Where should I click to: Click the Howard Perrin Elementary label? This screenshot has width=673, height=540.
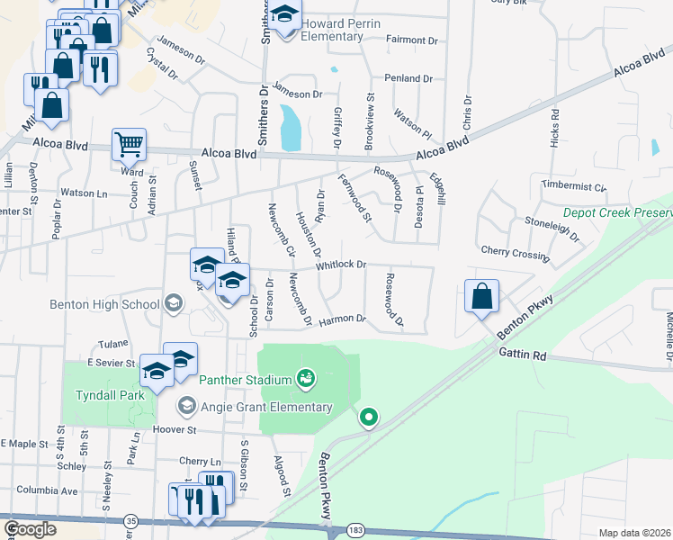(x=332, y=29)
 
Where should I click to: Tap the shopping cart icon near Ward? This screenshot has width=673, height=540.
(x=130, y=144)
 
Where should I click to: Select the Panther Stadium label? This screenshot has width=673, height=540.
(x=244, y=380)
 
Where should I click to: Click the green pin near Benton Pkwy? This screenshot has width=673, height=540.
(x=368, y=418)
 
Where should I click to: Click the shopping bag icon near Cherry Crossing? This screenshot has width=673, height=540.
(x=482, y=297)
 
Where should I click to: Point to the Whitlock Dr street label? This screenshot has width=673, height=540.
(x=340, y=265)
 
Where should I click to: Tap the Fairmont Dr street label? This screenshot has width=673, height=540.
(x=410, y=40)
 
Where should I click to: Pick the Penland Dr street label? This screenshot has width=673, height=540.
(x=408, y=79)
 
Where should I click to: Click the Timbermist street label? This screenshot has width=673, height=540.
(x=574, y=186)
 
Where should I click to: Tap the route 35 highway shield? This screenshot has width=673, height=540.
(x=132, y=521)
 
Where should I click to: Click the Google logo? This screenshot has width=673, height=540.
(x=31, y=529)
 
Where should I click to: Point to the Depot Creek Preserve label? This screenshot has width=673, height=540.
(x=617, y=213)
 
